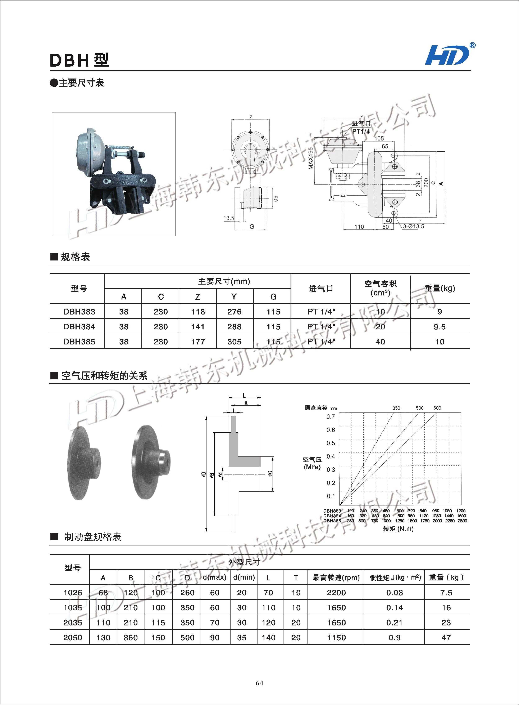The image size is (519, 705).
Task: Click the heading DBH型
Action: tap(79, 60)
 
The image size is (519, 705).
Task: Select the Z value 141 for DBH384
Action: tap(198, 327)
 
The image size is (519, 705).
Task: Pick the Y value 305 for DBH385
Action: tap(234, 342)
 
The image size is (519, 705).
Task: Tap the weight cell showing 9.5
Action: tap(440, 327)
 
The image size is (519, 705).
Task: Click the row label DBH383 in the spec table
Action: tap(79, 312)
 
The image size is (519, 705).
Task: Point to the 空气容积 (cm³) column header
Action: tap(380, 288)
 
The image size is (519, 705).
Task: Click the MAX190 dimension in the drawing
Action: tap(311, 158)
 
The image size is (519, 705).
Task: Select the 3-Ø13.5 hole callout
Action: tap(413, 226)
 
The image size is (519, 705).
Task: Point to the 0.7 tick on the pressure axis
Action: tap(331, 417)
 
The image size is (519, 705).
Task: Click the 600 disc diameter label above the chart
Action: tap(437, 408)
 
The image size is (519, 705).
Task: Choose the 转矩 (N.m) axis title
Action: tap(398, 529)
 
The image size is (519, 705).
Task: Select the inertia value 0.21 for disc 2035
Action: tap(394, 623)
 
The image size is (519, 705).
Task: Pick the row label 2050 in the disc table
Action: tap(73, 638)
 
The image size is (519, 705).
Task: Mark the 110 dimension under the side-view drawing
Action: tap(359, 227)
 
